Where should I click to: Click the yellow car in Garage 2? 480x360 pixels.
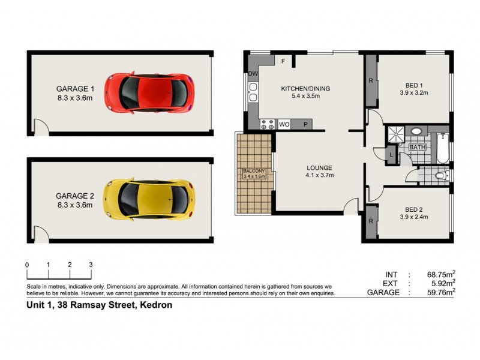click(x=149, y=199)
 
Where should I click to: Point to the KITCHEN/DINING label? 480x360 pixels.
click(x=305, y=89)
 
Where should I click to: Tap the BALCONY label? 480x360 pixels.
click(x=253, y=171)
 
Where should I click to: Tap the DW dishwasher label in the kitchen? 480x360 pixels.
click(x=252, y=74)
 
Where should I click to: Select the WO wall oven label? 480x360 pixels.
click(x=285, y=125)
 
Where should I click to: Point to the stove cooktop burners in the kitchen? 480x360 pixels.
click(x=267, y=125)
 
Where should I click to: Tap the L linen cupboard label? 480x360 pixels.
click(x=391, y=155)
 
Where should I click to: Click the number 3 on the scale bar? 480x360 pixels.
click(x=91, y=265)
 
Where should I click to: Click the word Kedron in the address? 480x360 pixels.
click(x=157, y=305)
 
